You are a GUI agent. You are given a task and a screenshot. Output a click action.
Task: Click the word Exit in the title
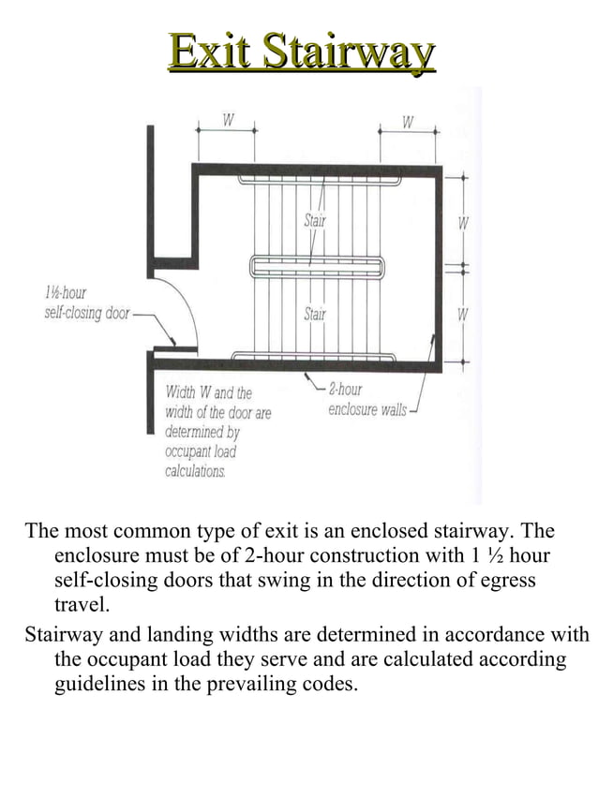tap(211, 52)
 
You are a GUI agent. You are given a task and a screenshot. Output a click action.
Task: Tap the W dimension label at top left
tap(227, 121)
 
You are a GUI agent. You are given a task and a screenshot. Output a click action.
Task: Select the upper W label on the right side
tap(462, 224)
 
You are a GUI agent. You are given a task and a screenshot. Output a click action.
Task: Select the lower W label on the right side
tap(462, 315)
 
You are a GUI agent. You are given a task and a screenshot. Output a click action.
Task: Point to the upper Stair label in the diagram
tap(315, 221)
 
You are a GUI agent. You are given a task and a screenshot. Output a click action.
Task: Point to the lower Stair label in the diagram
tap(315, 314)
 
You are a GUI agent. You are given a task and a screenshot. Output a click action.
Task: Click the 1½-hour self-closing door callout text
tap(86, 303)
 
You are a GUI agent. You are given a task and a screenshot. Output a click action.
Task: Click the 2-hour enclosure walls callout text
tap(366, 400)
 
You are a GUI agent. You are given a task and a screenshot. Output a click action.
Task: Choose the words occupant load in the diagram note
tap(201, 452)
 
